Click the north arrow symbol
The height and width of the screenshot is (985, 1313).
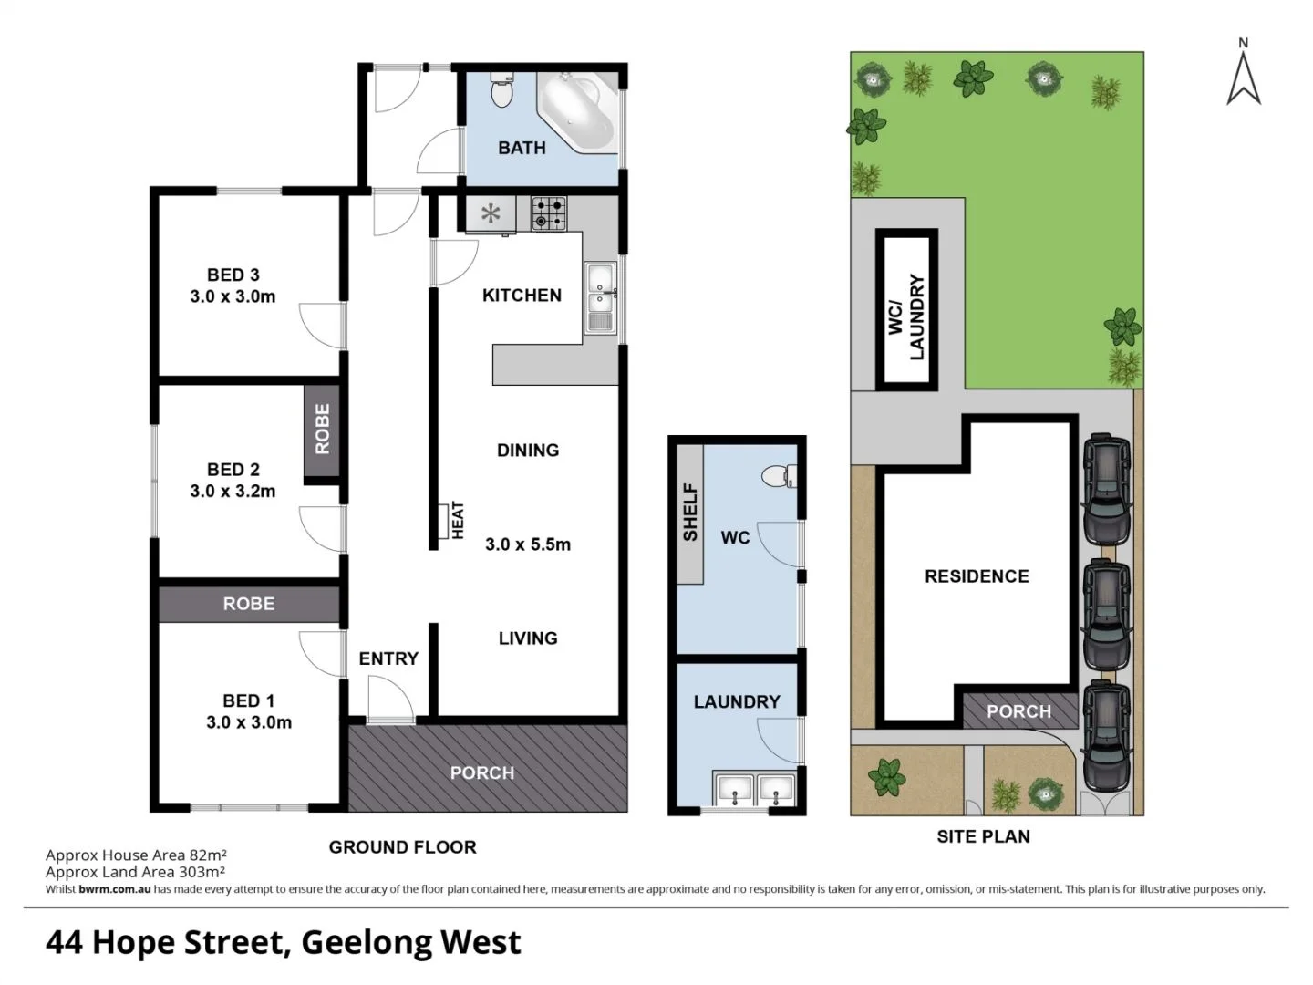(x=1244, y=73)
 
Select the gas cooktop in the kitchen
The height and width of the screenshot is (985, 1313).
(x=548, y=213)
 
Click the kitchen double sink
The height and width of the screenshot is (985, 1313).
(x=600, y=297)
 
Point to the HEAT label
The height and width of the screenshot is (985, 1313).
(x=457, y=520)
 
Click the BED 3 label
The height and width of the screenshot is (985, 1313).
(x=233, y=275)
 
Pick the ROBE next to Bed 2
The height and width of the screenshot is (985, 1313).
(x=322, y=430)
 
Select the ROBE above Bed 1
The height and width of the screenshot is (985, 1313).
(x=249, y=604)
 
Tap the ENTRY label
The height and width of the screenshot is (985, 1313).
(x=388, y=658)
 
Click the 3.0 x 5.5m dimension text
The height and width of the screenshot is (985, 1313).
(x=528, y=544)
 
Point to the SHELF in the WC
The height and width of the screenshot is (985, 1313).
(x=690, y=513)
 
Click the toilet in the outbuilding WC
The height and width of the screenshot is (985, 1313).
(x=778, y=475)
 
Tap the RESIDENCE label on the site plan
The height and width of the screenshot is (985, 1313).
(x=977, y=576)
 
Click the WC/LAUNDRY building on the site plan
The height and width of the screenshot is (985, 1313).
(x=907, y=310)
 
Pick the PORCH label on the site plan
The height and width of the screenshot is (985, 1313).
(x=1018, y=711)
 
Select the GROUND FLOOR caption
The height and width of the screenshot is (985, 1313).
(x=402, y=847)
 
